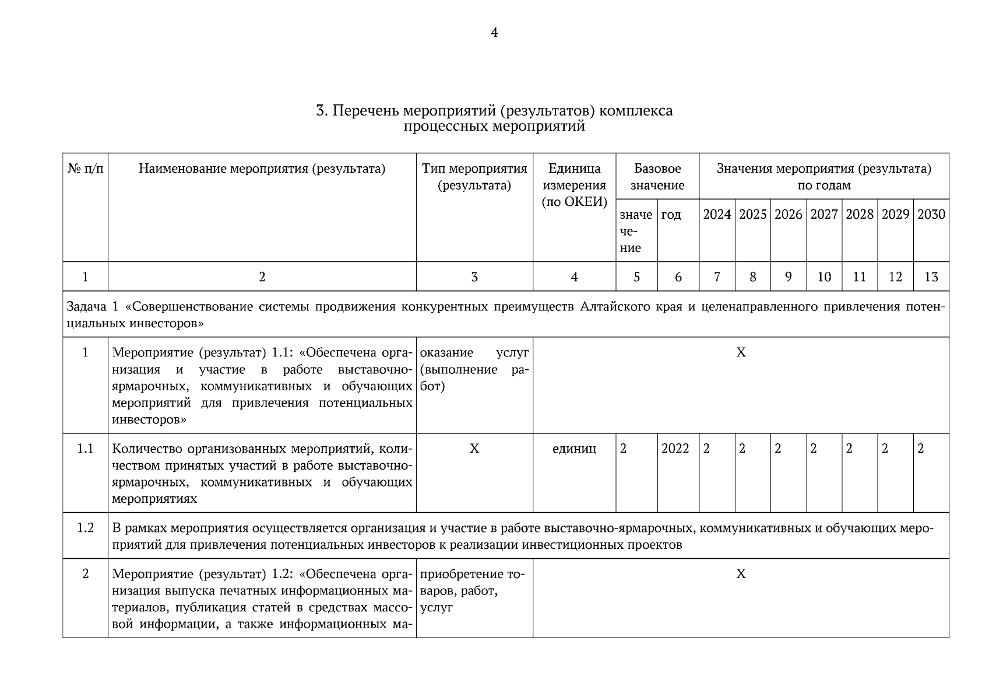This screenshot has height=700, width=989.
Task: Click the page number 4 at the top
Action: (494, 33)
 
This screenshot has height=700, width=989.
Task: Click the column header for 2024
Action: (717, 215)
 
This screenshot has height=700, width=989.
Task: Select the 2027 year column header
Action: (824, 215)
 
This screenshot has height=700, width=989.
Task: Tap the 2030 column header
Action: (931, 215)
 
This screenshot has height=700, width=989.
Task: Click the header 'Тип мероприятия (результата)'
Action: (474, 177)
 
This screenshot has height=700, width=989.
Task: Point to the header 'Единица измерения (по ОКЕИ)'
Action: (574, 185)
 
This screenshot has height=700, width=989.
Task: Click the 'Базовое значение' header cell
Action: (657, 177)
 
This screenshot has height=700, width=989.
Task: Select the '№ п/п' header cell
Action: (85, 169)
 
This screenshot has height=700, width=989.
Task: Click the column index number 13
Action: (931, 277)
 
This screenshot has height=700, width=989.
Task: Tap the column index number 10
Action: (824, 277)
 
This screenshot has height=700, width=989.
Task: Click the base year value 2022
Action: (675, 449)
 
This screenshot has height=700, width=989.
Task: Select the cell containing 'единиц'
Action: (574, 449)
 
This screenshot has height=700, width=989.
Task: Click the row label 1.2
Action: (85, 528)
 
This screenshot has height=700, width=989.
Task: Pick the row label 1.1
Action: (85, 449)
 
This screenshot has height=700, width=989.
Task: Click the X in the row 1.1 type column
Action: (474, 449)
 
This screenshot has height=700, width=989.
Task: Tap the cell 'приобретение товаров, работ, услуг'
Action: (472, 591)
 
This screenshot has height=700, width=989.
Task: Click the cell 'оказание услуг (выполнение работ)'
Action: (474, 369)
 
